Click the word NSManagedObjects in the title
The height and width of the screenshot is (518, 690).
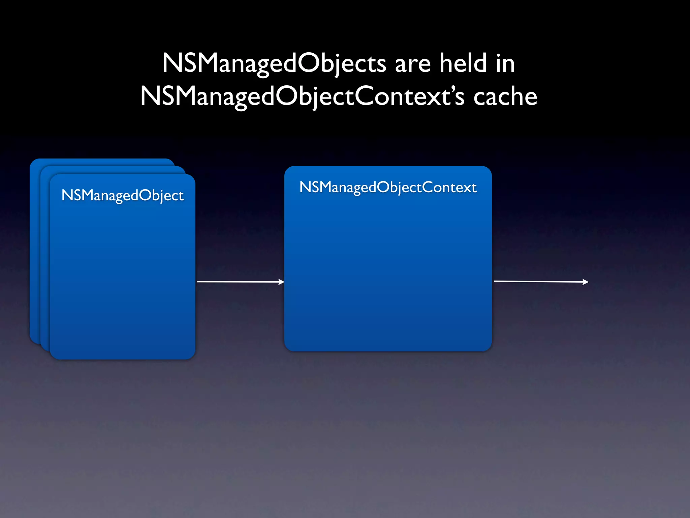(x=274, y=63)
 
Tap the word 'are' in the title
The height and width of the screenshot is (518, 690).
(x=413, y=64)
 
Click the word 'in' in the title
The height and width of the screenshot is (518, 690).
(x=505, y=63)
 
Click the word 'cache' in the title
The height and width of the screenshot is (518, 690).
(x=505, y=97)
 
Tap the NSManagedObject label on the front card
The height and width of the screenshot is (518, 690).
(x=123, y=195)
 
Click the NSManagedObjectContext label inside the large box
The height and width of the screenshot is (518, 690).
(x=388, y=188)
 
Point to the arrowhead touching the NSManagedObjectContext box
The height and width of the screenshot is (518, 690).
(x=281, y=282)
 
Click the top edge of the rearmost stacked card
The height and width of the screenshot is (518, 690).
(x=101, y=159)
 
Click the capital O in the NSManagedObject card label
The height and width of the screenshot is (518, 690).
(x=145, y=195)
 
